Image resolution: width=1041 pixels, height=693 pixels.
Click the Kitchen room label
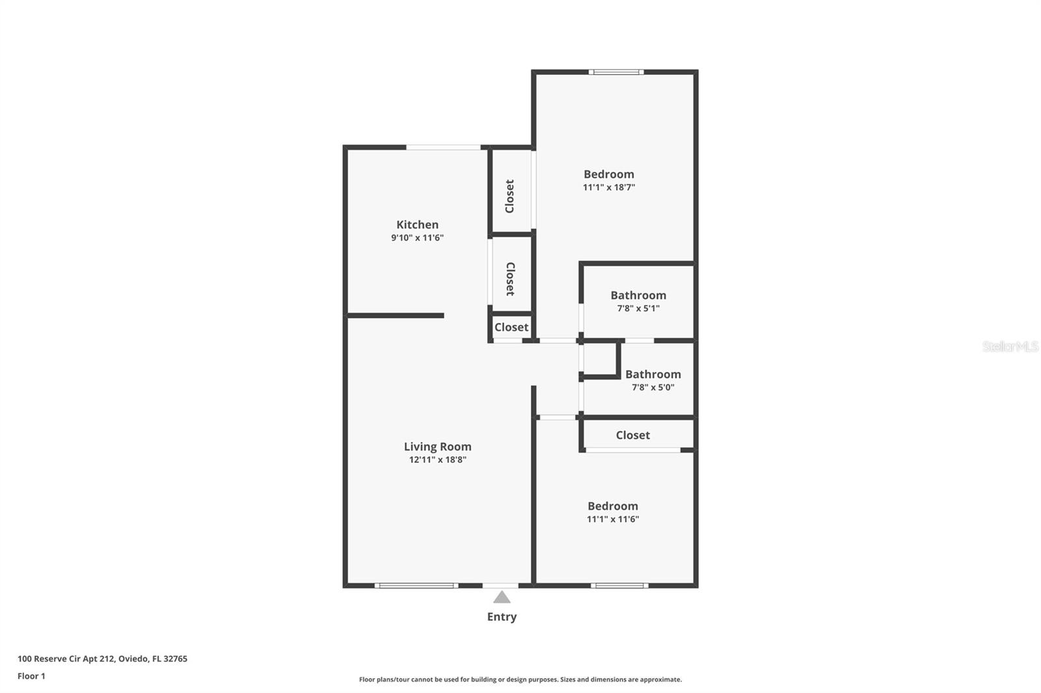pyautogui.click(x=417, y=225)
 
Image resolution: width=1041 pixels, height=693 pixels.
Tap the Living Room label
pyautogui.click(x=437, y=447)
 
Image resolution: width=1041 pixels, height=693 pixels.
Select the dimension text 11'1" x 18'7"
pyautogui.click(x=608, y=187)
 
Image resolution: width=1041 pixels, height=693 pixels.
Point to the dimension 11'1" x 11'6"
pyautogui.click(x=612, y=519)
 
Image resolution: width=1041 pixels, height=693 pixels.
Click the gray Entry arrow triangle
pyautogui.click(x=502, y=597)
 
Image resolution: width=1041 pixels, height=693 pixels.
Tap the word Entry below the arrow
pyautogui.click(x=502, y=617)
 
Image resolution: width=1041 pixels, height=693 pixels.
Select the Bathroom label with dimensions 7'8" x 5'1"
pyautogui.click(x=638, y=295)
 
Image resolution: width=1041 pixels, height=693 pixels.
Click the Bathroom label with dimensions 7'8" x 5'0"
pyautogui.click(x=653, y=374)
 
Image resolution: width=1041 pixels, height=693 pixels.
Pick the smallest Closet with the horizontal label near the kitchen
pyautogui.click(x=511, y=327)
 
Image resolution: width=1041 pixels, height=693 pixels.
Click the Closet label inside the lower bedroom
pyautogui.click(x=632, y=436)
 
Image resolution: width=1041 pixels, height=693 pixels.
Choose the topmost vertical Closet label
pyautogui.click(x=510, y=196)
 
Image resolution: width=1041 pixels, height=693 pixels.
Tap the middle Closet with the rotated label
pyautogui.click(x=510, y=279)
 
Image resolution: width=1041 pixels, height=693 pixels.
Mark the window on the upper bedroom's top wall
pyautogui.click(x=616, y=72)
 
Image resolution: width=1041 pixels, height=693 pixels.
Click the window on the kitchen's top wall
pyautogui.click(x=444, y=148)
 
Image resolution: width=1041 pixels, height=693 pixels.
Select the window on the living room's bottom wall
pyautogui.click(x=416, y=586)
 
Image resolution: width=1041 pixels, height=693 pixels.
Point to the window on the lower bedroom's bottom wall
pyautogui.click(x=619, y=586)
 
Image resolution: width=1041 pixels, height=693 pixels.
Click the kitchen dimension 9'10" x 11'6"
pyautogui.click(x=417, y=238)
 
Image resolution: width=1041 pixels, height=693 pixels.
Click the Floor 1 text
pyautogui.click(x=31, y=676)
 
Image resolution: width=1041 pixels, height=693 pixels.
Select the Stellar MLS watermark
pyautogui.click(x=1010, y=346)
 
